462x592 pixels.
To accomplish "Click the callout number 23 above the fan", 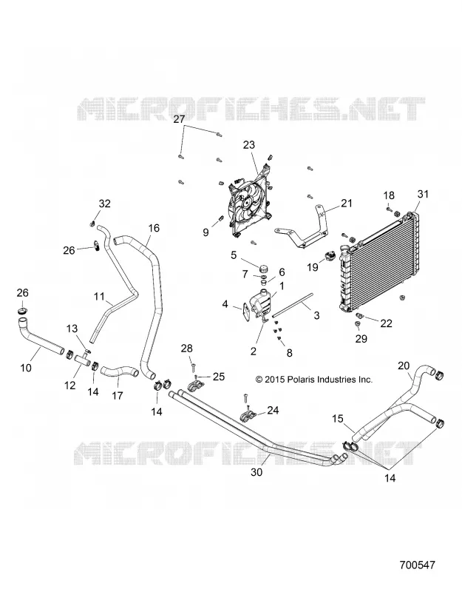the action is coord(249,145).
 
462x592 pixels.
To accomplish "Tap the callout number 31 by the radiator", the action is coord(423,194).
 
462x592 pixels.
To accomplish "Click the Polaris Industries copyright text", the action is coord(313,380).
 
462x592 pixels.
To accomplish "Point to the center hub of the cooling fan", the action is coord(248,203).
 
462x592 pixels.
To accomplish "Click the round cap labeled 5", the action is coord(263,269).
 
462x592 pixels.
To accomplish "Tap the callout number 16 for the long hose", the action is coord(154,228).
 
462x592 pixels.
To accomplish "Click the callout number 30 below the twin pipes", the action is coord(257,472).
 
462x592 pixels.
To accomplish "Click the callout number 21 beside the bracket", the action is coord(346,203).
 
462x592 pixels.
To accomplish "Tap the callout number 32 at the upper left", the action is coord(105,204).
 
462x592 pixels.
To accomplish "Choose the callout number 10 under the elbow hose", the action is coord(26,367).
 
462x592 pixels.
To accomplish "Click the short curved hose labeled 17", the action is coord(119,372).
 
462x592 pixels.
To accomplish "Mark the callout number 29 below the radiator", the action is coord(361,339).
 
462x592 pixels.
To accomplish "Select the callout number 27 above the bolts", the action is coord(179,119).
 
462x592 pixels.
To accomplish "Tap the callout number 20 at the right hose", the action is coord(404,366).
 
